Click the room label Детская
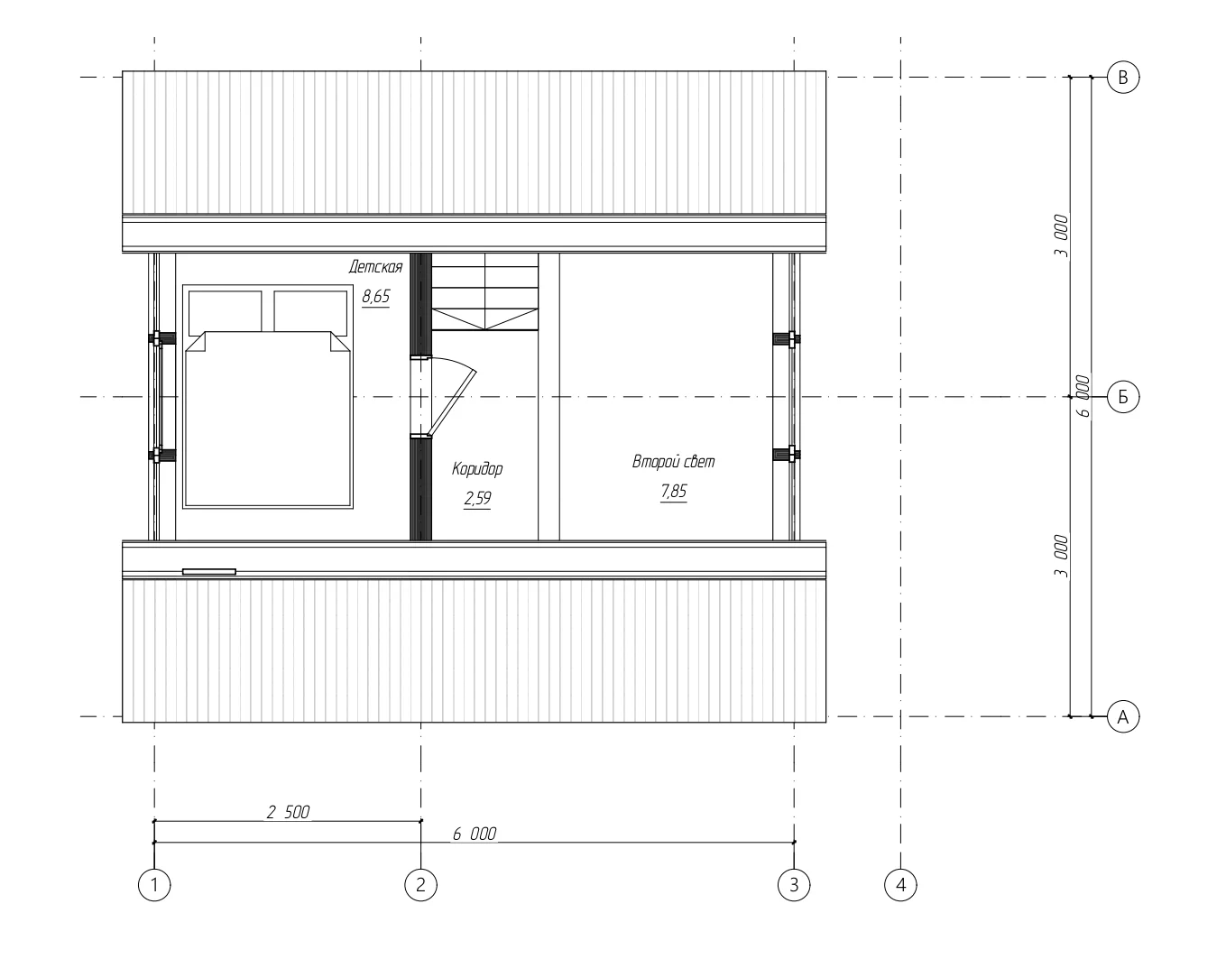click(x=376, y=266)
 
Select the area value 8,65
click(x=376, y=296)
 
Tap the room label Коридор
click(x=477, y=469)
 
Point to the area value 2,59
click(x=477, y=498)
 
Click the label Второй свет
click(x=674, y=461)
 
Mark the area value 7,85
click(x=674, y=492)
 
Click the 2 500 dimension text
click(x=289, y=812)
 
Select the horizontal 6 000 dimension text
click(x=475, y=834)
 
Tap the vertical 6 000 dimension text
click(x=1083, y=396)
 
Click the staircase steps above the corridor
click(x=484, y=291)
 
